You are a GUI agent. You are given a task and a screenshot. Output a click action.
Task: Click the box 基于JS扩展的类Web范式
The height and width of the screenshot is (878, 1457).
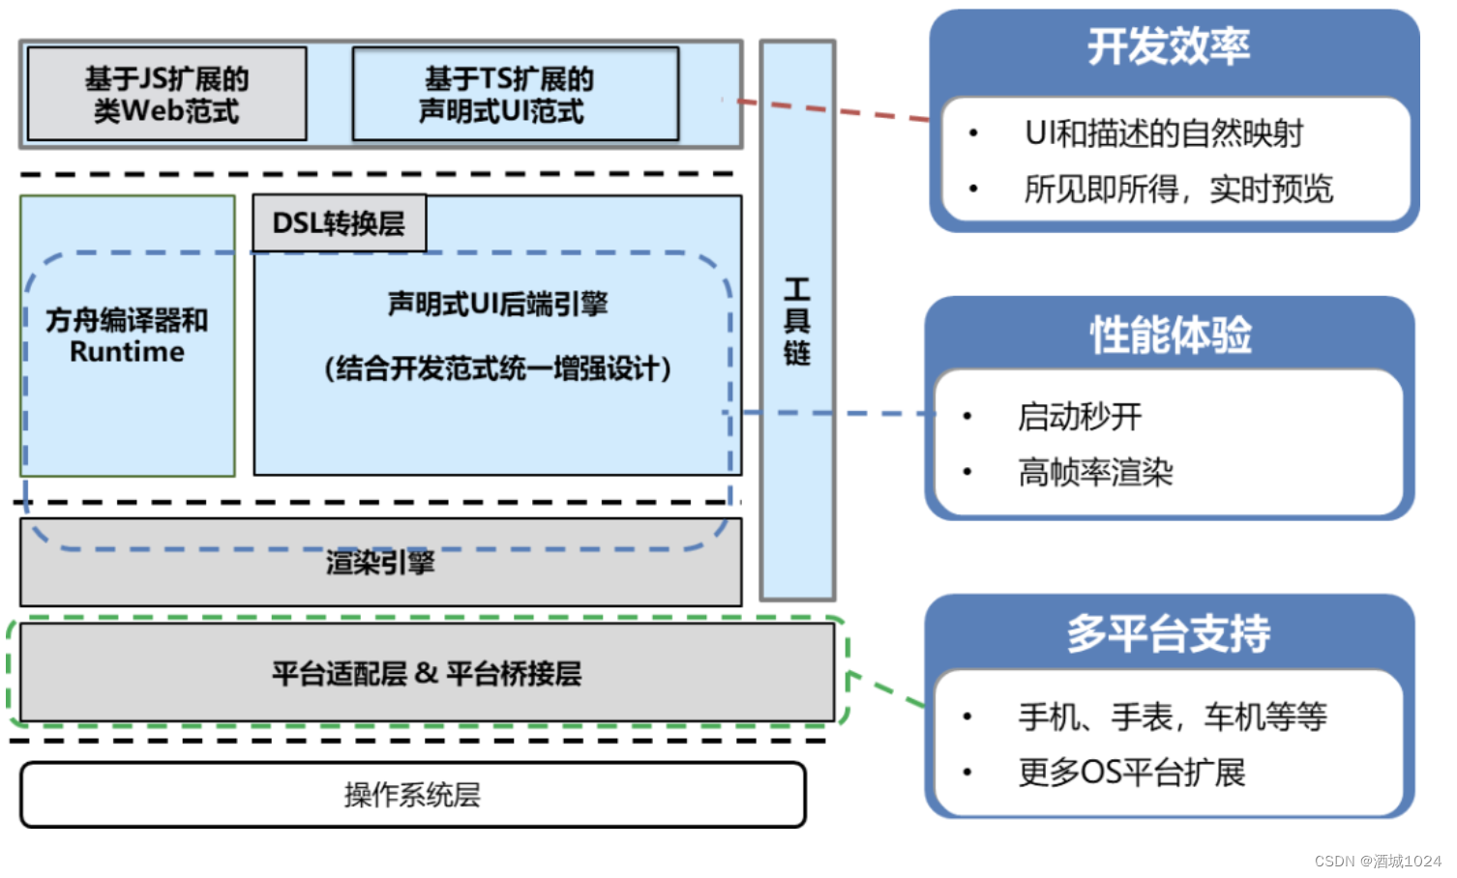click(167, 94)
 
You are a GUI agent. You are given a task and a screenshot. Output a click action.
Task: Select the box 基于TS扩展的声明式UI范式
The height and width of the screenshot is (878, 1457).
click(516, 94)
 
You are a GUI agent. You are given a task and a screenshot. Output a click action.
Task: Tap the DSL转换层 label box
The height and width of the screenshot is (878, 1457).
click(340, 223)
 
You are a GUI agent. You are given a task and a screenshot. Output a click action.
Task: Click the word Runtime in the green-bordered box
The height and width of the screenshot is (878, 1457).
click(127, 352)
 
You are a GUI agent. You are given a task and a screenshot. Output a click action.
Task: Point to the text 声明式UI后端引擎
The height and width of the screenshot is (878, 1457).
click(497, 305)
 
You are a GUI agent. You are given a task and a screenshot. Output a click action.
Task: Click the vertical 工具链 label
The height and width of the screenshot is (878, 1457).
click(797, 321)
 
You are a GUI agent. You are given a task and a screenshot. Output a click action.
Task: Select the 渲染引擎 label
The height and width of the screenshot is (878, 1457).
click(380, 562)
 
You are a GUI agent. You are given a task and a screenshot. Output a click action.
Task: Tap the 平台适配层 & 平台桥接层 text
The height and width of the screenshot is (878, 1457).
click(427, 673)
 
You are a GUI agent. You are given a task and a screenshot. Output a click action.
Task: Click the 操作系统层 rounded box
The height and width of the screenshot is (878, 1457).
click(414, 795)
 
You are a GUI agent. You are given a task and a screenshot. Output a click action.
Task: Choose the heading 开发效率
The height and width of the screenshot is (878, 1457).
click(1169, 46)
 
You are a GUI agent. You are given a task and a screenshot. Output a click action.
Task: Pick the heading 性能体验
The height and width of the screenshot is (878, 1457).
click(1171, 336)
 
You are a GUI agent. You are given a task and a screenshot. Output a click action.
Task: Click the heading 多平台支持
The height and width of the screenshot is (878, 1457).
click(1169, 633)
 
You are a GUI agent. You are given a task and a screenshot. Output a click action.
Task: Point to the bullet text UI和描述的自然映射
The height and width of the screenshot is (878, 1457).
click(1164, 133)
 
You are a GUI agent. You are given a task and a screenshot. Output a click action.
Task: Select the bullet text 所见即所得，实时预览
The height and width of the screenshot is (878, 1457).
click(1178, 190)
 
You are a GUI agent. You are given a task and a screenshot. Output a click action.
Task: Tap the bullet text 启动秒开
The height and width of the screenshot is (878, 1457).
click(1080, 417)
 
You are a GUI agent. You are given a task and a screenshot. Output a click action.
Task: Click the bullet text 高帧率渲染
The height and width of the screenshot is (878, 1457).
click(1096, 473)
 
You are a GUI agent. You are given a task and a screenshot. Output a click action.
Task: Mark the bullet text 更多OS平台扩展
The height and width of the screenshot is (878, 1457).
click(1132, 773)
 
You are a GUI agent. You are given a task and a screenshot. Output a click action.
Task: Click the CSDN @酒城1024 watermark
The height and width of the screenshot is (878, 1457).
click(1378, 862)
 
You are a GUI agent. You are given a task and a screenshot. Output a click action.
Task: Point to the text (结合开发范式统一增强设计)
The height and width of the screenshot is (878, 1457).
click(497, 369)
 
